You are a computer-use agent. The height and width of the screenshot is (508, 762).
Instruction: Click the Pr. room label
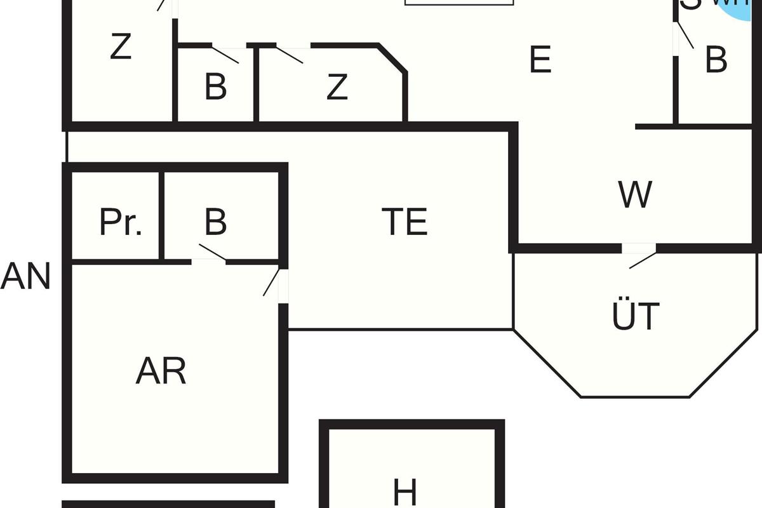(120, 222)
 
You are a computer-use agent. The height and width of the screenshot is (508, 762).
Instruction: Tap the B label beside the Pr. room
(216, 222)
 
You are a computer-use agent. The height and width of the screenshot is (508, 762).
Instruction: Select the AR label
(161, 371)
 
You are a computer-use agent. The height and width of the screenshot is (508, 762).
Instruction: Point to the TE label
(405, 222)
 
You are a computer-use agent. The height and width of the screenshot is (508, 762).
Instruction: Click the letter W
(635, 195)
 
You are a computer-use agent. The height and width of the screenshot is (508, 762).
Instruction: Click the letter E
(540, 62)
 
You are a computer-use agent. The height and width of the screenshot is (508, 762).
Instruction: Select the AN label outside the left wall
(25, 277)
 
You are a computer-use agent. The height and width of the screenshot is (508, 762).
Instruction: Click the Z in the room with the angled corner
(337, 88)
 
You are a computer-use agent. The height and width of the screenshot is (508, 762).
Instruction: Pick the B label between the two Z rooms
(216, 88)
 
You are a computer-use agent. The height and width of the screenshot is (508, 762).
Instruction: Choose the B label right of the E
(716, 62)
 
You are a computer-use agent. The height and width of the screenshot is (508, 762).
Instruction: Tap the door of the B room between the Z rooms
(226, 52)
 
